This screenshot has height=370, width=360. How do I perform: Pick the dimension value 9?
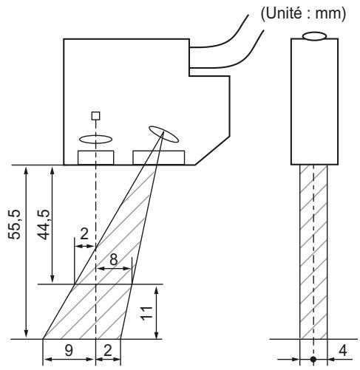(x=69, y=352)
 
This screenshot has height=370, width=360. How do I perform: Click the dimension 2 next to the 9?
(x=109, y=352)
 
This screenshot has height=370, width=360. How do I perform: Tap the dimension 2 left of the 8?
(x=85, y=233)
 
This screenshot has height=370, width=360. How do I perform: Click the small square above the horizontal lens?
(x=95, y=115)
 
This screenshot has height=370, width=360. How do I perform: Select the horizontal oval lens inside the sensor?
(x=95, y=138)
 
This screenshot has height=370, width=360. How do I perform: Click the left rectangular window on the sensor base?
(x=95, y=157)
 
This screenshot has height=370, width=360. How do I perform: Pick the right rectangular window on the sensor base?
(x=158, y=157)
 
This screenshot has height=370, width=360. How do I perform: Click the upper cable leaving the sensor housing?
(x=222, y=40)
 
